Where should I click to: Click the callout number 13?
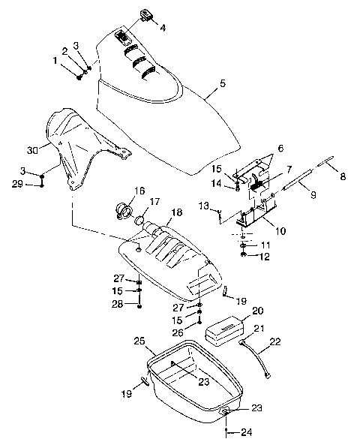pyautogui.click(x=203, y=204)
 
